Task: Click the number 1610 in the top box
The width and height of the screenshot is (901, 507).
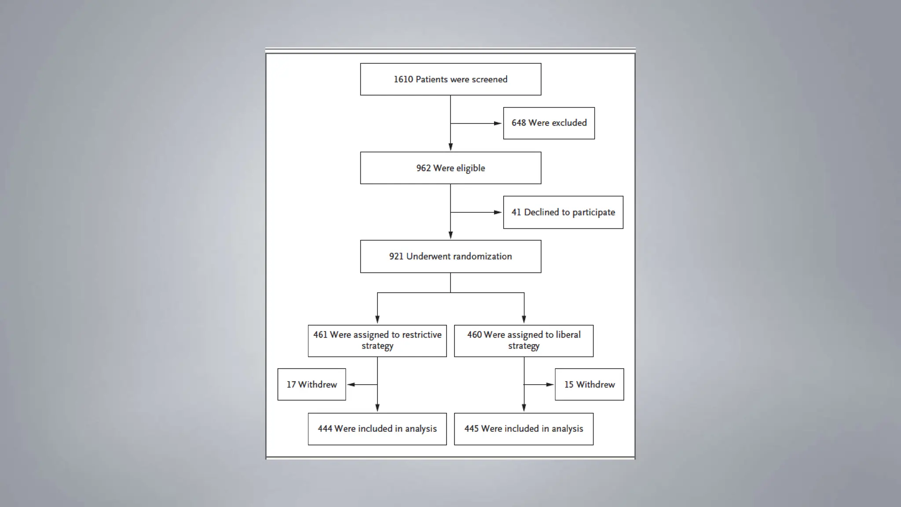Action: pos(403,80)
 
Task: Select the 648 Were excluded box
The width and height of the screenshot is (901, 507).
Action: pos(549,123)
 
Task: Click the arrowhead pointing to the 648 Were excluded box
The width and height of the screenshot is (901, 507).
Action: pos(498,124)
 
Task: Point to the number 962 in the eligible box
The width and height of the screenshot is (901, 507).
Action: pos(423,168)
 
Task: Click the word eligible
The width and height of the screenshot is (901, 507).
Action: pos(470,169)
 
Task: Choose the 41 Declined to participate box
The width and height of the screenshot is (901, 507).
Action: pos(563,213)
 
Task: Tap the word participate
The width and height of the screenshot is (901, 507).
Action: pos(593,213)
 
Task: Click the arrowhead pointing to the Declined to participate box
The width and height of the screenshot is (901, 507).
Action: pos(498,213)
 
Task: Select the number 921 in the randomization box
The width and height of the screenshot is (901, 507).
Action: pos(396,257)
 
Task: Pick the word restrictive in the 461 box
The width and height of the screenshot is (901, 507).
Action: pos(421,335)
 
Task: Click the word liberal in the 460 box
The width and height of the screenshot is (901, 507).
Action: pos(568,335)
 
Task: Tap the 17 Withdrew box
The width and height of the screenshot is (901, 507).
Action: pos(311,385)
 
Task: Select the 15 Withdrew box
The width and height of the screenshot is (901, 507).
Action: pos(589,385)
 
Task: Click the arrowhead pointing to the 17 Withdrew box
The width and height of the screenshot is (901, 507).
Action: pos(351,385)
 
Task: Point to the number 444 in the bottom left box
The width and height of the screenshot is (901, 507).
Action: pos(325,429)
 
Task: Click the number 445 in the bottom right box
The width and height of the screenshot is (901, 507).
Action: pos(471,429)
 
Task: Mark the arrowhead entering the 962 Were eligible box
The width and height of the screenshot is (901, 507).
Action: pos(450,147)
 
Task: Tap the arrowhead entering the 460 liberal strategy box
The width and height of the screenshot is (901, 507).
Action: pos(524,320)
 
